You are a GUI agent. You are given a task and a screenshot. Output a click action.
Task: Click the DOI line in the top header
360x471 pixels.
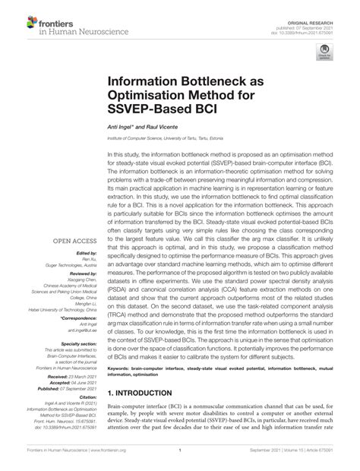(317, 18)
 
